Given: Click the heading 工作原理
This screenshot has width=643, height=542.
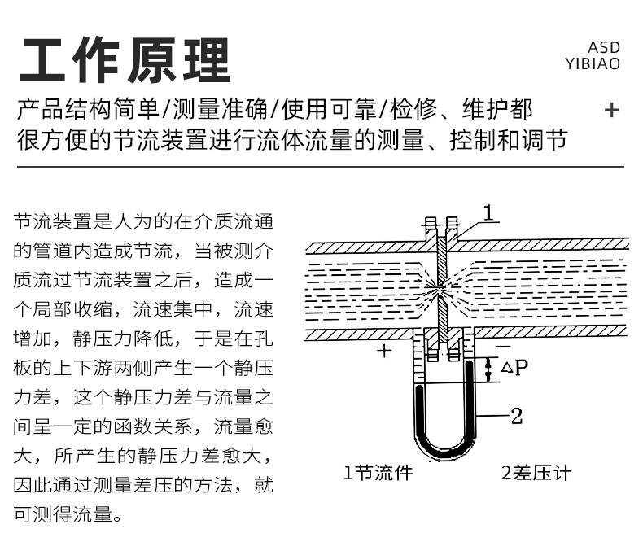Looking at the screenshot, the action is pyautogui.click(x=125, y=60).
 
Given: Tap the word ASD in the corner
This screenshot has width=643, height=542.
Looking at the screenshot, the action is pyautogui.click(x=604, y=47).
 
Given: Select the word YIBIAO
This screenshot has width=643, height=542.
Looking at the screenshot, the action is pyautogui.click(x=593, y=64).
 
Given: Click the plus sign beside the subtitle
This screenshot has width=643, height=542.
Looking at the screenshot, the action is pyautogui.click(x=611, y=110).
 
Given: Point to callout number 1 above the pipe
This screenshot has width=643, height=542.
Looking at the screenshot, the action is pyautogui.click(x=488, y=212).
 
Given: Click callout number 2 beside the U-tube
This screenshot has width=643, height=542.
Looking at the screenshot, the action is pyautogui.click(x=516, y=416).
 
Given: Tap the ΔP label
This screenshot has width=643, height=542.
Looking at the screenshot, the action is pyautogui.click(x=514, y=367).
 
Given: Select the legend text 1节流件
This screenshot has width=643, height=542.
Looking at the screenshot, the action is pyautogui.click(x=378, y=473).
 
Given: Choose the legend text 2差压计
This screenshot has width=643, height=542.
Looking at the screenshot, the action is pyautogui.click(x=536, y=473).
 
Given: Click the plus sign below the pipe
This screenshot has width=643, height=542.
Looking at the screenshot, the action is pyautogui.click(x=384, y=351).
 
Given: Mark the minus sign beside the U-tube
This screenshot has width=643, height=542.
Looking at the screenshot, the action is pyautogui.click(x=503, y=346).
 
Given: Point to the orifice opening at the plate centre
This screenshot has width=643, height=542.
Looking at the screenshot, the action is pyautogui.click(x=441, y=285).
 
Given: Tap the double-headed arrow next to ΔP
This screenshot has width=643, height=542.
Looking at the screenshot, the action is pyautogui.click(x=488, y=369).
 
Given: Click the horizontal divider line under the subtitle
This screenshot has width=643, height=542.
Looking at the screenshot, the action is pyautogui.click(x=320, y=167).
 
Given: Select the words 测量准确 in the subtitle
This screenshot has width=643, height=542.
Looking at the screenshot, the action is pyautogui.click(x=220, y=109).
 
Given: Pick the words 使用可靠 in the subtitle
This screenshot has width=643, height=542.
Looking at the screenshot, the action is pyautogui.click(x=329, y=109).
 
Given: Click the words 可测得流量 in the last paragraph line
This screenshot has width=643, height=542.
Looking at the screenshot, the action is pyautogui.click(x=63, y=514).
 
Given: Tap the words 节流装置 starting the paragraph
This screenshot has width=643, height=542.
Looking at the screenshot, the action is pyautogui.click(x=53, y=221).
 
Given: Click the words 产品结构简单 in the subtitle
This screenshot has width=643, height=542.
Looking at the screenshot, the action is pyautogui.click(x=88, y=109).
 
